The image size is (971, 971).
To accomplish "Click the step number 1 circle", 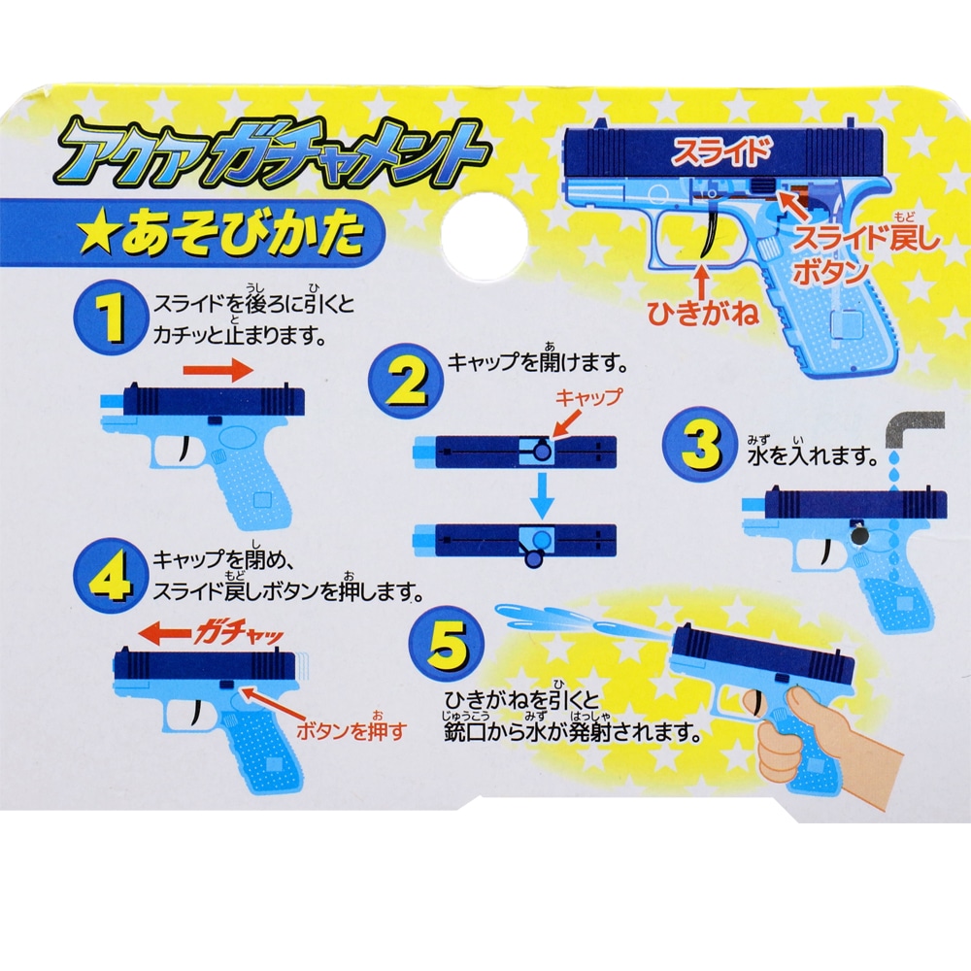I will point(114,318).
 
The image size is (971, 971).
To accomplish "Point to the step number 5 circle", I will point(444,646).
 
